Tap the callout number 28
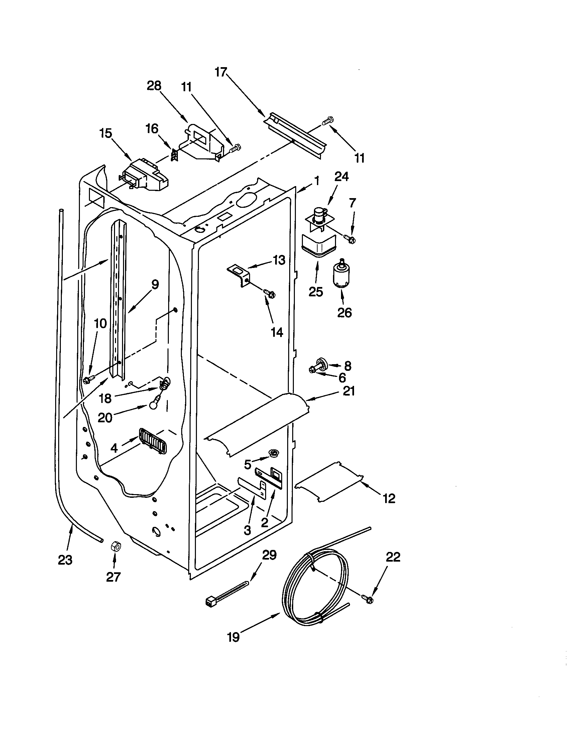(154, 86)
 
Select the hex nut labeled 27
(115, 546)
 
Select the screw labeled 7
(350, 239)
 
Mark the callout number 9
(154, 285)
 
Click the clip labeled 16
(174, 155)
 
